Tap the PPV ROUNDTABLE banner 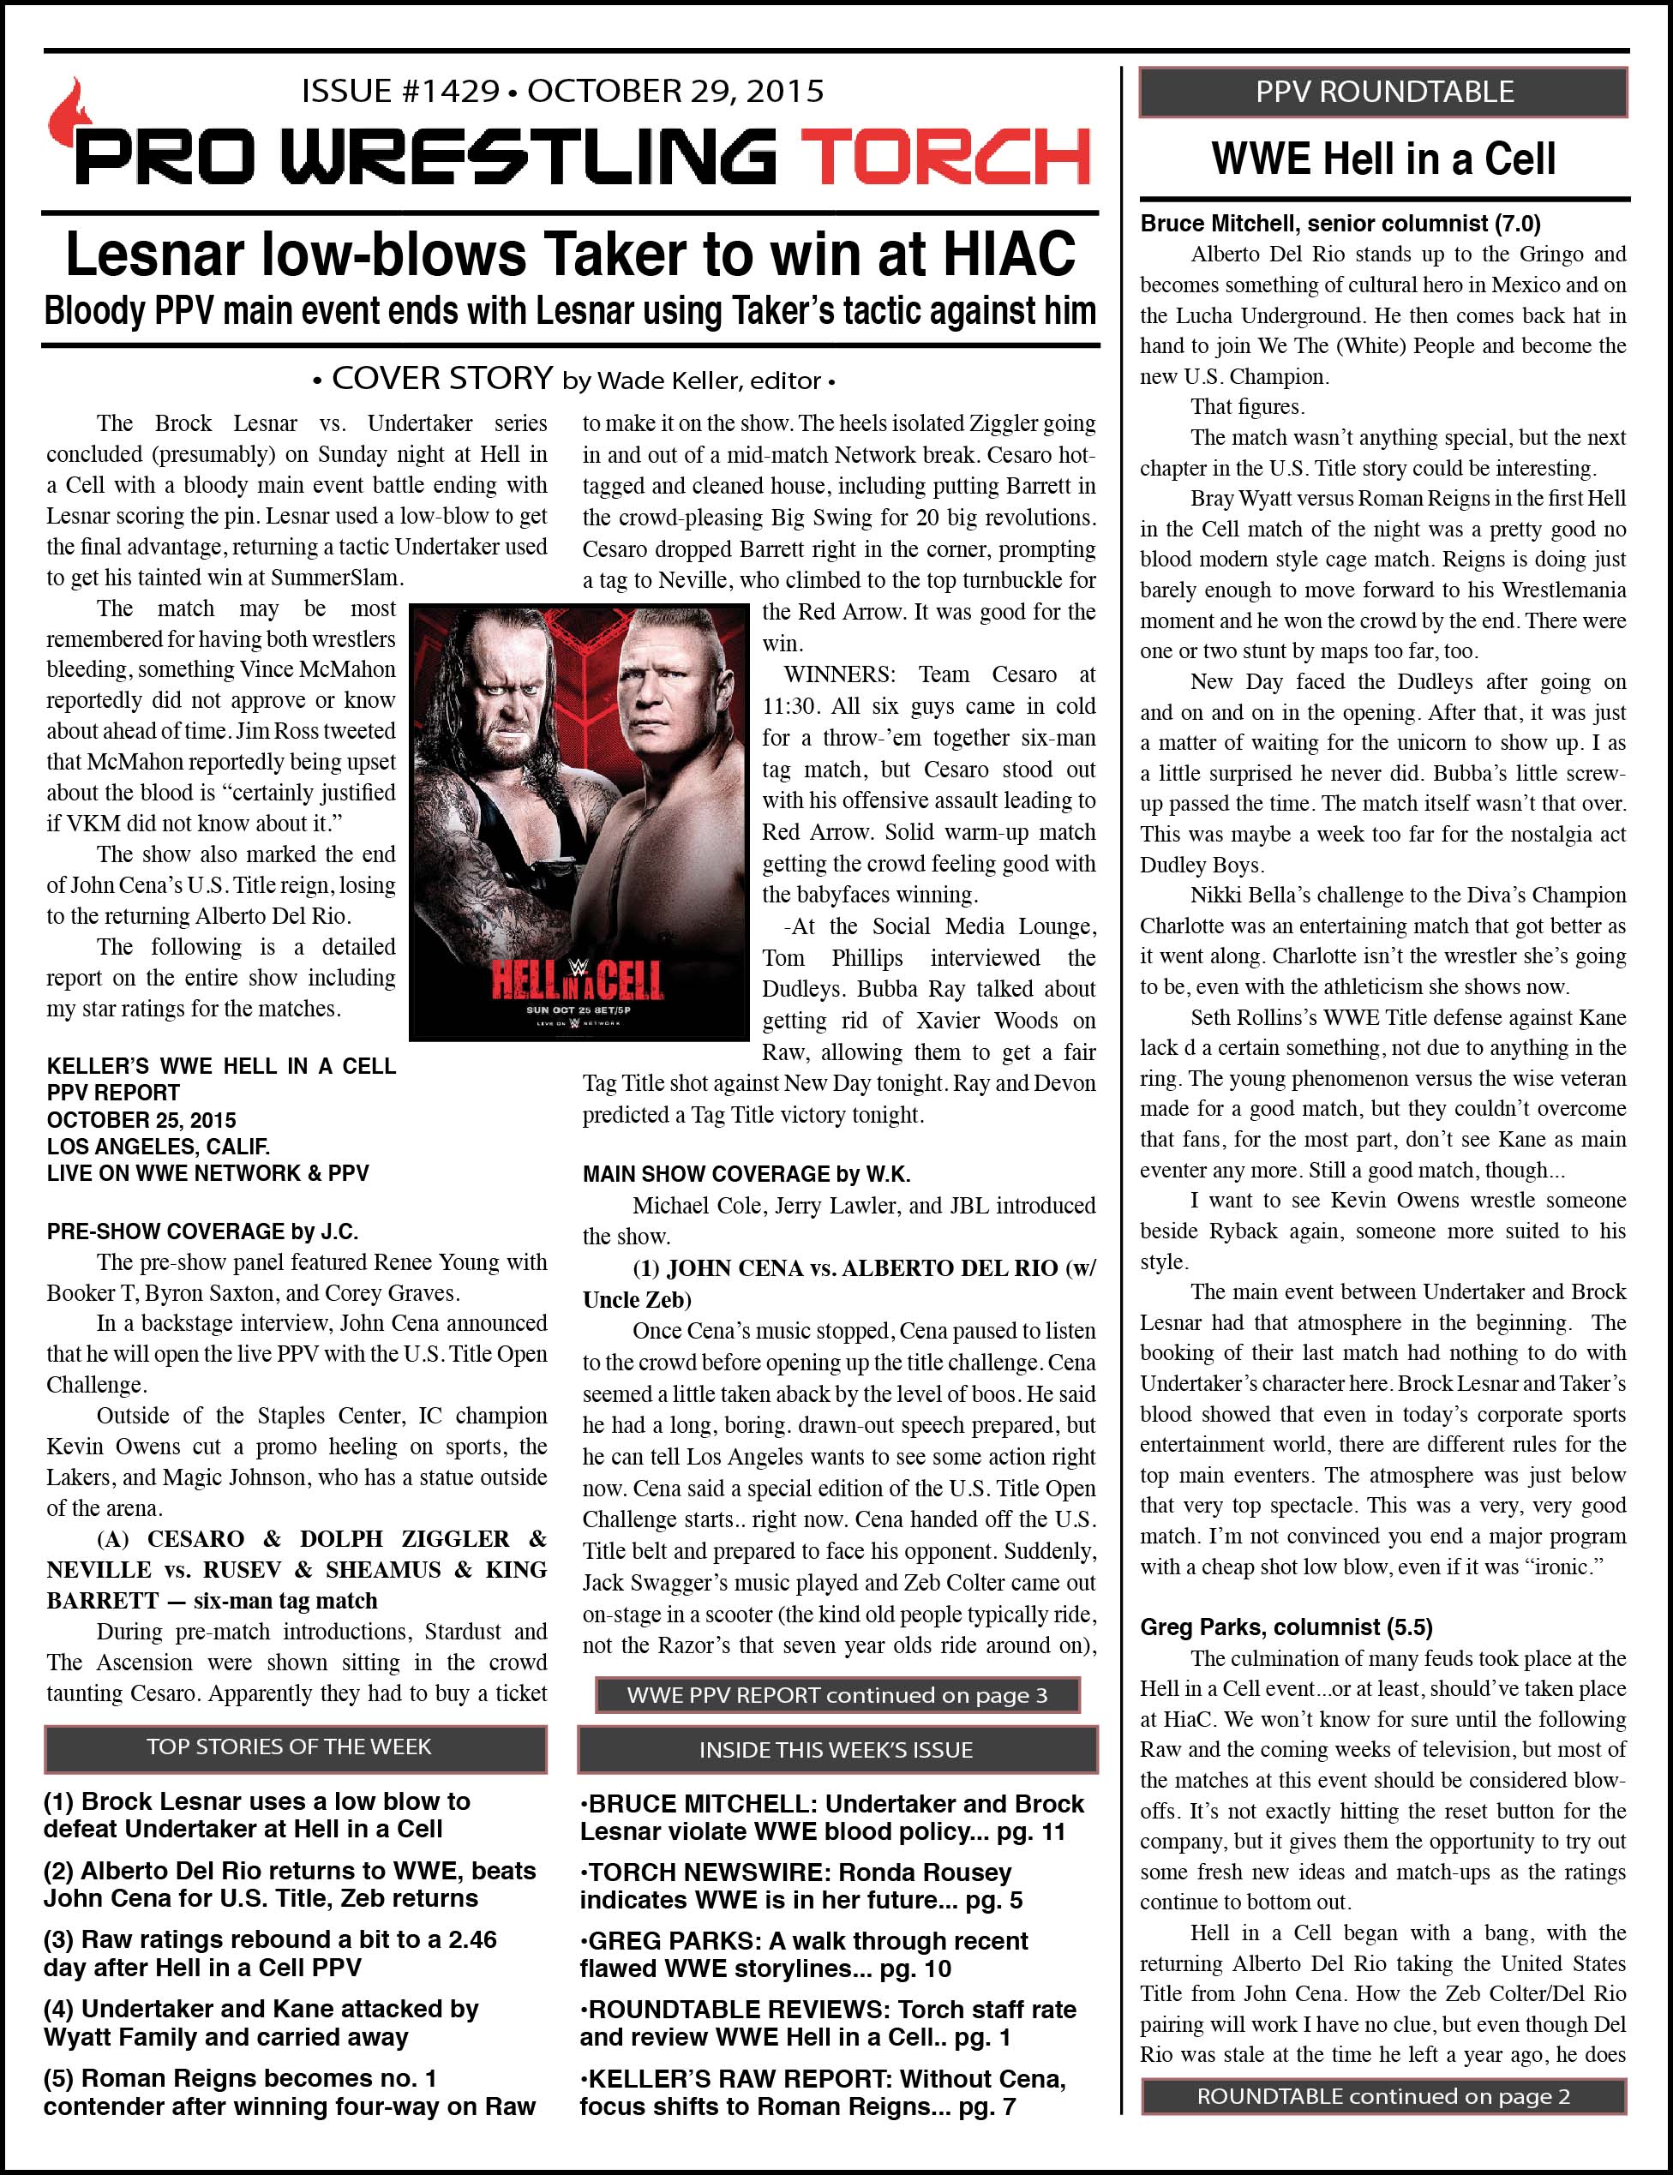coord(1383,92)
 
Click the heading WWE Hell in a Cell coord(1383,159)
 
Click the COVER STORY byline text coord(572,380)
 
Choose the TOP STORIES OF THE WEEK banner coord(295,1747)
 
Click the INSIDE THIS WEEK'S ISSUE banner coord(836,1750)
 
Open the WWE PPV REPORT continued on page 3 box coord(836,1695)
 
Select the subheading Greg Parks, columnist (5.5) coord(1286,1627)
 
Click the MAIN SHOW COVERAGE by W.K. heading coord(746,1174)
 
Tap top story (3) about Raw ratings coord(270,1954)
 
